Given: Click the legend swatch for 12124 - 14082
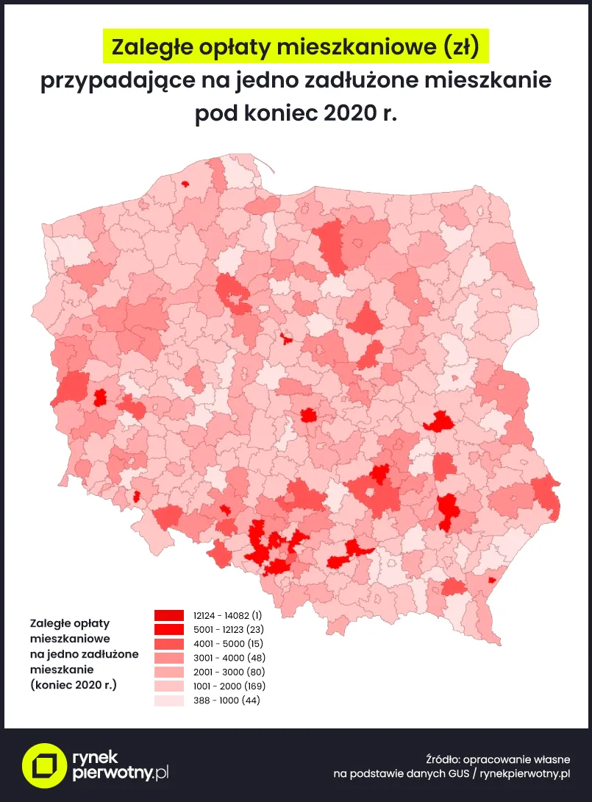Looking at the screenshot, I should pos(168,615).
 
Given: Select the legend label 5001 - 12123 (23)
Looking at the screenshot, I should pos(228,629).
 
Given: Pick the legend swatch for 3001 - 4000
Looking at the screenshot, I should pos(168,658).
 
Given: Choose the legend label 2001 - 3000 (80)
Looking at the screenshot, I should pos(229,672).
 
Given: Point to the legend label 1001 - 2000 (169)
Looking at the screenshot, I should pos(229,686).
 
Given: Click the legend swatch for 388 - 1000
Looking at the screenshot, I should pos(168,700).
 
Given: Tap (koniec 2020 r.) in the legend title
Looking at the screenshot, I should pos(74,684).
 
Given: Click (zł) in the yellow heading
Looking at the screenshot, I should pos(463,48).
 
